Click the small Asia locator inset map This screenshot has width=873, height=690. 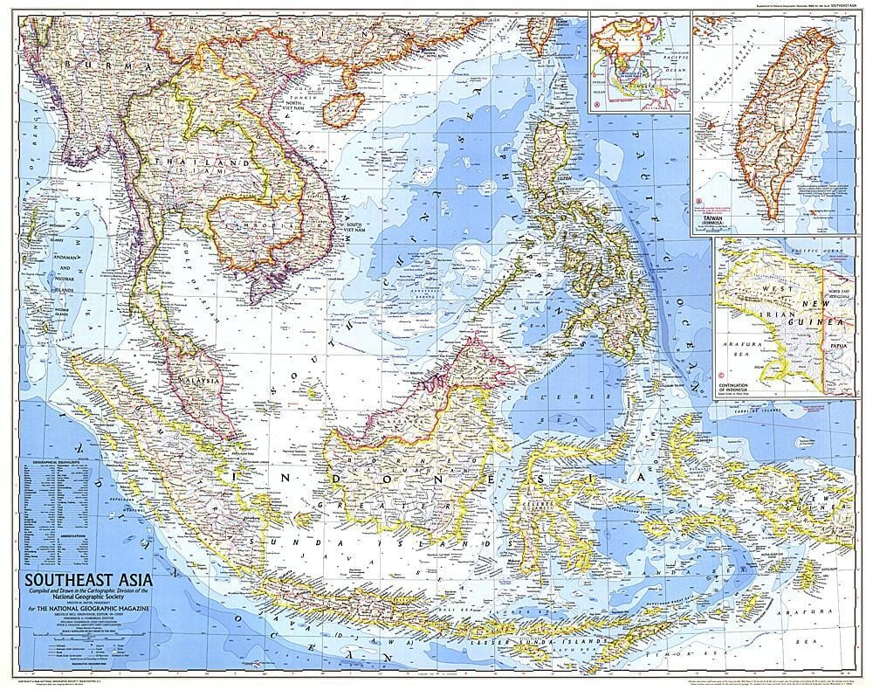tap(637, 61)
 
